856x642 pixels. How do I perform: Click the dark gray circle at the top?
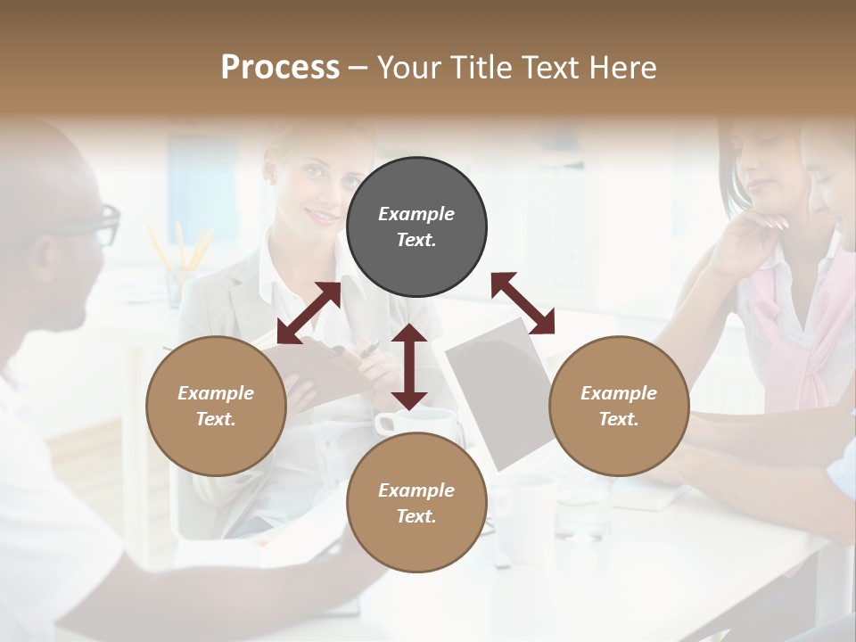(x=416, y=227)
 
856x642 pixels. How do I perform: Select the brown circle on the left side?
(x=216, y=406)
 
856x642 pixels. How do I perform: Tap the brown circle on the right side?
(x=619, y=406)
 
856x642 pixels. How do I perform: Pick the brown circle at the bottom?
(x=416, y=502)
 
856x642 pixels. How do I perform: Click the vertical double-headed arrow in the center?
(x=409, y=366)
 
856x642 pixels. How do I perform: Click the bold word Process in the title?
(x=280, y=67)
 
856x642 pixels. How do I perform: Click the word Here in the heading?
(x=623, y=67)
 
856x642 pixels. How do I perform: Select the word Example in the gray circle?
(x=416, y=214)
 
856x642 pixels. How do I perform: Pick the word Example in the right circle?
(x=619, y=393)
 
